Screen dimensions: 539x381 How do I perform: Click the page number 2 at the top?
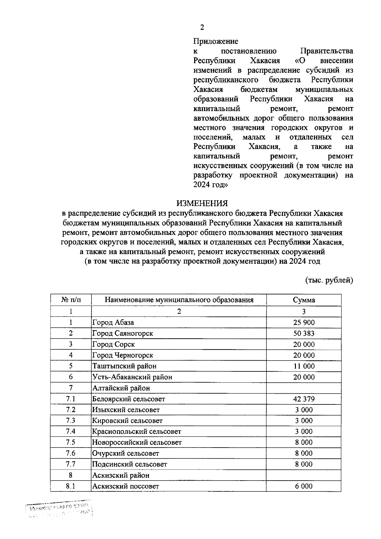coord(202,28)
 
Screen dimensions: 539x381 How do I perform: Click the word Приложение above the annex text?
coord(216,42)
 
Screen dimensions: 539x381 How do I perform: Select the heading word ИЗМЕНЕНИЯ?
coord(202,203)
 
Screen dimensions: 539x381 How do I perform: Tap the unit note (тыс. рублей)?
coord(329,280)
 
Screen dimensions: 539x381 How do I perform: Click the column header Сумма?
coord(304,300)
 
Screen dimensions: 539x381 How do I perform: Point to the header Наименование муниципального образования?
coord(179,300)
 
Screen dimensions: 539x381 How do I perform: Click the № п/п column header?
coord(71,300)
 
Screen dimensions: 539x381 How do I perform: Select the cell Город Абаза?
coord(113,323)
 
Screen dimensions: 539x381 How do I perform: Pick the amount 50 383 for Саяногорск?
coord(304,333)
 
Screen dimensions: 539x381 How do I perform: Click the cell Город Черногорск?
coord(123,355)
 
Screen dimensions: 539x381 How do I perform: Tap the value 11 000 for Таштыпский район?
coord(304,366)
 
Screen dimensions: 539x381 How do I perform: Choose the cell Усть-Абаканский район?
coord(132,377)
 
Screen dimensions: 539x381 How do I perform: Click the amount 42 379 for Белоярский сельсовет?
coord(304,399)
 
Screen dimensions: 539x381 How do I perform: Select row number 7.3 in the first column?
coord(71,421)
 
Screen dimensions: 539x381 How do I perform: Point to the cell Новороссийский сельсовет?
coord(137,442)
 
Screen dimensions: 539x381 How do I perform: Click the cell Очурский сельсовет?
coord(125,453)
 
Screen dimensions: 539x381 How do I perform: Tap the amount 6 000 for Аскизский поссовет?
coord(304,486)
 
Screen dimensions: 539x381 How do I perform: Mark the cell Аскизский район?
coord(121,475)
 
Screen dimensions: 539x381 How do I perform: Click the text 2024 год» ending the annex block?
coord(211,185)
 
